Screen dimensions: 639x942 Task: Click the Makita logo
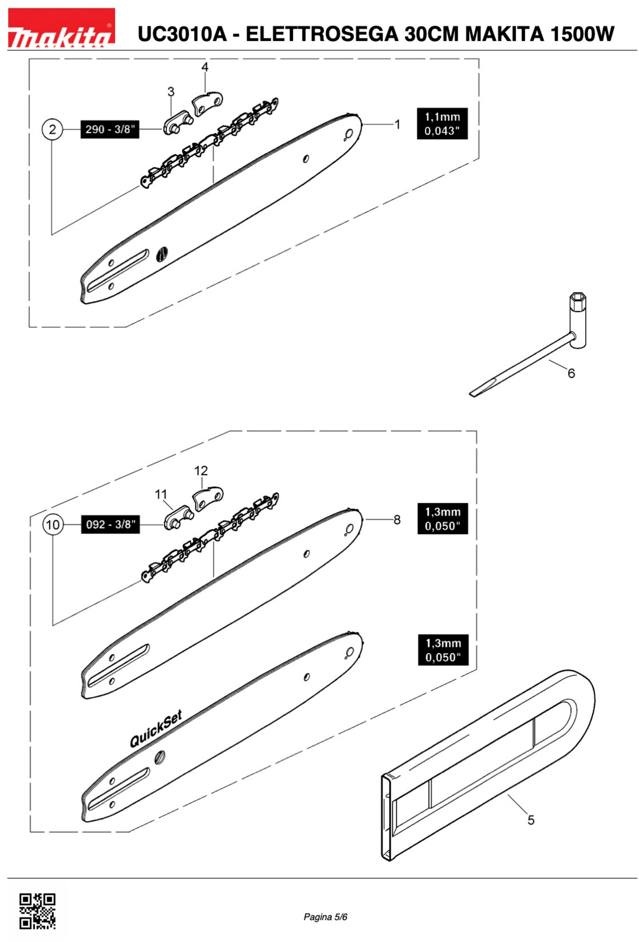tap(61, 27)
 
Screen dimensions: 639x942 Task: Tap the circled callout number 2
tap(52, 129)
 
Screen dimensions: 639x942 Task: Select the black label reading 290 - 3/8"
tap(110, 130)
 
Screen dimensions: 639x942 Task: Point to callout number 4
tap(205, 67)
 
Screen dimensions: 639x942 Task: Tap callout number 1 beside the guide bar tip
tap(397, 124)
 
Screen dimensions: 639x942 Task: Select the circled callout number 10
tap(53, 525)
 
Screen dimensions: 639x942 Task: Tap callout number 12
tap(201, 471)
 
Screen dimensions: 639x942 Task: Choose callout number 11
tap(161, 495)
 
